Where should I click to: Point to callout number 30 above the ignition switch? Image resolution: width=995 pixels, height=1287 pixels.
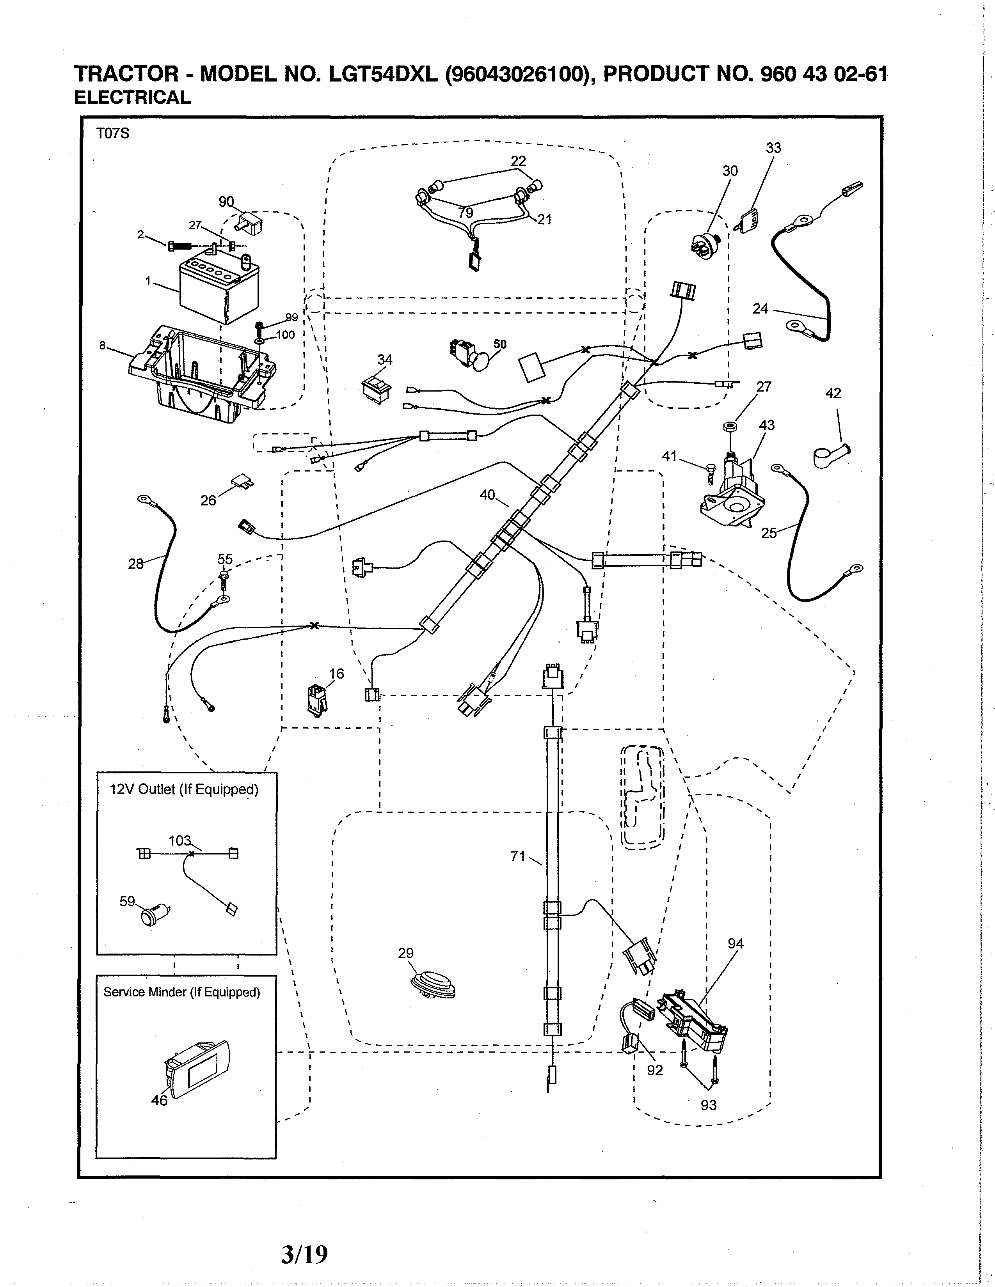(730, 171)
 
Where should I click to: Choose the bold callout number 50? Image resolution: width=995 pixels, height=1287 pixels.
(500, 344)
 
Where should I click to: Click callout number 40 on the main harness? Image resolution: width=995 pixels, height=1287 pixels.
(487, 495)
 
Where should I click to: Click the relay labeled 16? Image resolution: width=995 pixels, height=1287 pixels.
(316, 700)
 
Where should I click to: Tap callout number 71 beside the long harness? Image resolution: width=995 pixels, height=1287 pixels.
(517, 856)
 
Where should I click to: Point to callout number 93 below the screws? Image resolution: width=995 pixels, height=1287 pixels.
(709, 1105)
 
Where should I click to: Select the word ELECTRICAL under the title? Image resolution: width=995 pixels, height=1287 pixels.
(133, 98)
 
